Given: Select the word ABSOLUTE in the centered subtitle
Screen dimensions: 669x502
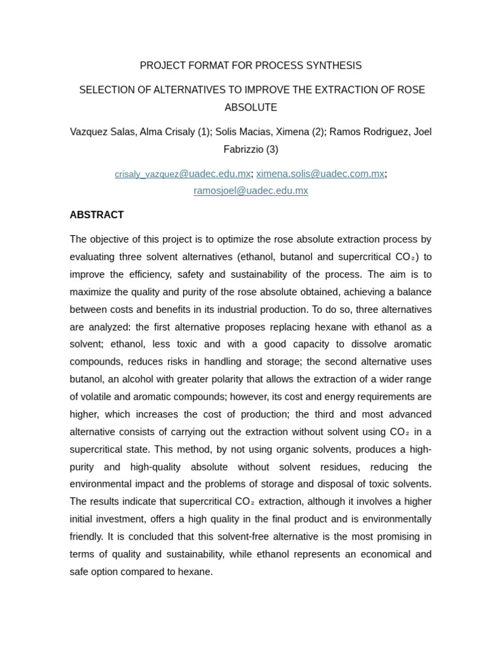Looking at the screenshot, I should click(250, 107).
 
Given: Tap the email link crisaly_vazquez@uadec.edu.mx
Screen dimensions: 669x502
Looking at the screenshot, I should click(182, 174).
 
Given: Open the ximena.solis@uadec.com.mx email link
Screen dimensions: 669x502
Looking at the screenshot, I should click(320, 174).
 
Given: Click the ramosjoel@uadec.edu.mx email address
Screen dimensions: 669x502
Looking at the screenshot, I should click(250, 191).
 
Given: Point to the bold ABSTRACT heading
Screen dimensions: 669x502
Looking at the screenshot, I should click(97, 215).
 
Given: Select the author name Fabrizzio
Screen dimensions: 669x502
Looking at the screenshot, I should click(243, 149).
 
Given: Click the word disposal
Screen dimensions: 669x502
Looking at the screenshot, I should click(314, 484).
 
